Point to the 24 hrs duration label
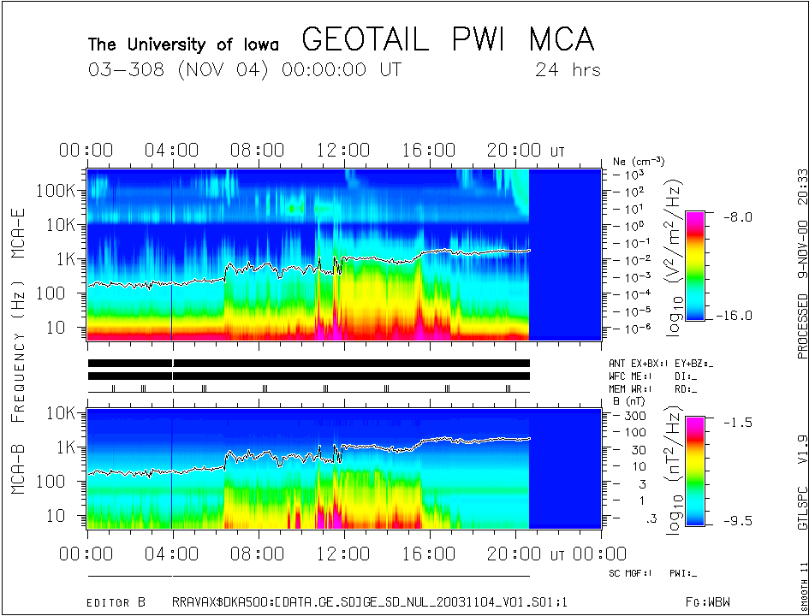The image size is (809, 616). (x=568, y=69)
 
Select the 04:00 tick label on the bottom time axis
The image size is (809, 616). (x=173, y=554)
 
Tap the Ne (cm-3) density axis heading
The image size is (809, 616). (x=639, y=161)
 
